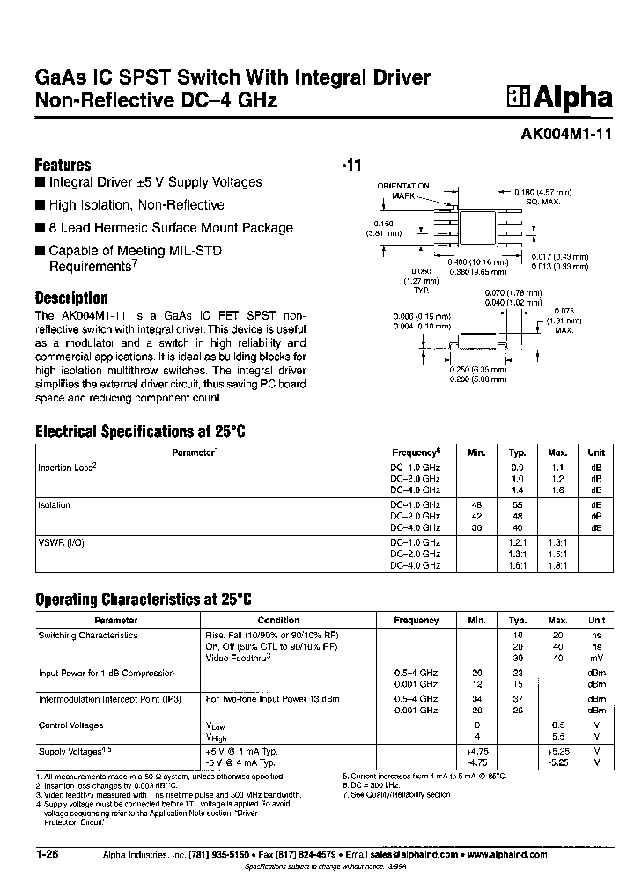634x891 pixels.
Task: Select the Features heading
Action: point(63,165)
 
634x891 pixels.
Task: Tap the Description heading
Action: point(70,298)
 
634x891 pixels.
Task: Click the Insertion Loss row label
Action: point(66,468)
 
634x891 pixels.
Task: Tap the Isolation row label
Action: point(54,505)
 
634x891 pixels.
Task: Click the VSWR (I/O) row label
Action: point(61,543)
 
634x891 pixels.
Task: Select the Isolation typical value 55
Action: point(517,505)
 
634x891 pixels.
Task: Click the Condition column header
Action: point(278,620)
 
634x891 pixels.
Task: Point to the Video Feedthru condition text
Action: point(237,657)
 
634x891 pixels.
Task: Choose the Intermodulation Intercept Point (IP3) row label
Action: point(110,699)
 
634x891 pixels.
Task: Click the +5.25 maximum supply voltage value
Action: point(558,752)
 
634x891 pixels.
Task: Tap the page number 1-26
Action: point(47,854)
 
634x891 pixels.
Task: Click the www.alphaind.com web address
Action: point(507,854)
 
